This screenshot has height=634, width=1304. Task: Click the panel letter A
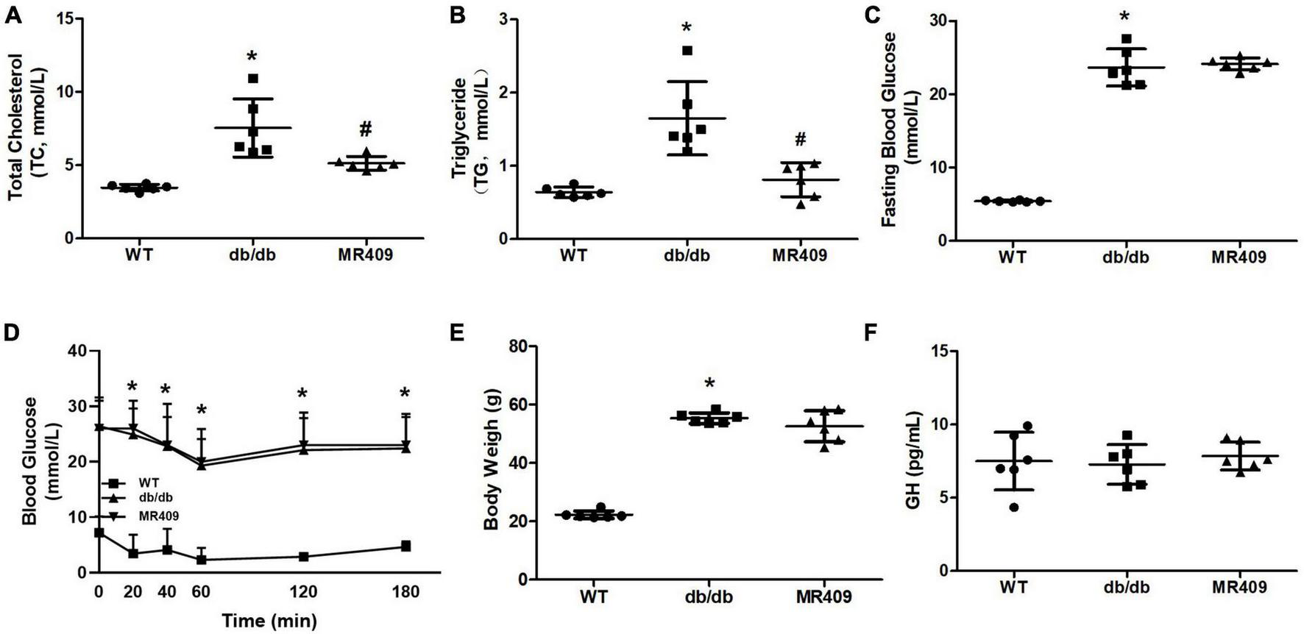point(13,15)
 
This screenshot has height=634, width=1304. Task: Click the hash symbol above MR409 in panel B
point(800,139)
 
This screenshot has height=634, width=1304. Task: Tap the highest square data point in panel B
point(687,51)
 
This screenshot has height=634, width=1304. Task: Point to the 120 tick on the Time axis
point(302,592)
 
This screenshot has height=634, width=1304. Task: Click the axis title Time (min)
point(269,621)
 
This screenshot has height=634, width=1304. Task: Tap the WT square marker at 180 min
point(405,546)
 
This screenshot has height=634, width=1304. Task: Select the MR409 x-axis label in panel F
point(1239,587)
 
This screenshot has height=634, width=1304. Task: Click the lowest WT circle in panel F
point(1014,507)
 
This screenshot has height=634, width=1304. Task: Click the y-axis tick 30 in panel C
point(935,21)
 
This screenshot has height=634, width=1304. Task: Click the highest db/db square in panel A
point(253,79)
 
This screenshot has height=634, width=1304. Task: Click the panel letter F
point(871,332)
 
